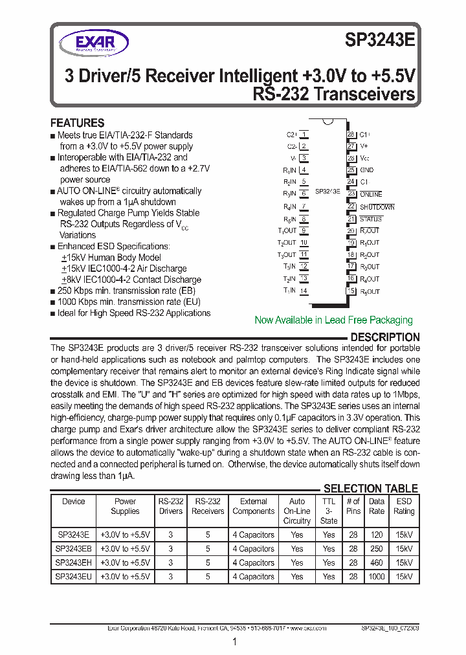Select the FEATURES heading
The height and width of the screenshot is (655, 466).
(77, 123)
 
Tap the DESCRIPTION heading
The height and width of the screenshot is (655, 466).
(384, 337)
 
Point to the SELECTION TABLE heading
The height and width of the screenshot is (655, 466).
(370, 489)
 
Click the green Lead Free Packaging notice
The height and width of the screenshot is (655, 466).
(333, 320)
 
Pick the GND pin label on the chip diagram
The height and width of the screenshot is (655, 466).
(366, 170)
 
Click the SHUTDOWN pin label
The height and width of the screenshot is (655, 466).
(377, 207)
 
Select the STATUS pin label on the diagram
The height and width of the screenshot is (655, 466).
(371, 219)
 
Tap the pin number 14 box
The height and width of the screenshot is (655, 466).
(304, 291)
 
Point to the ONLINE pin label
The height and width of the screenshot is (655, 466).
(371, 194)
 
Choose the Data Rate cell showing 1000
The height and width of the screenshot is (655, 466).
(376, 577)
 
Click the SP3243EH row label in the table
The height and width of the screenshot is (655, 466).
(74, 562)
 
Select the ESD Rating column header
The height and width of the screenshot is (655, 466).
(404, 506)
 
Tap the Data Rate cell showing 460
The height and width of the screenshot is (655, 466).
(376, 562)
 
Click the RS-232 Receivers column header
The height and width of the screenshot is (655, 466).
(208, 506)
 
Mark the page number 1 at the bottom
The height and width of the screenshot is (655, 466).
(234, 641)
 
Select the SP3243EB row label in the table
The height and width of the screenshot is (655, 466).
(74, 549)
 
